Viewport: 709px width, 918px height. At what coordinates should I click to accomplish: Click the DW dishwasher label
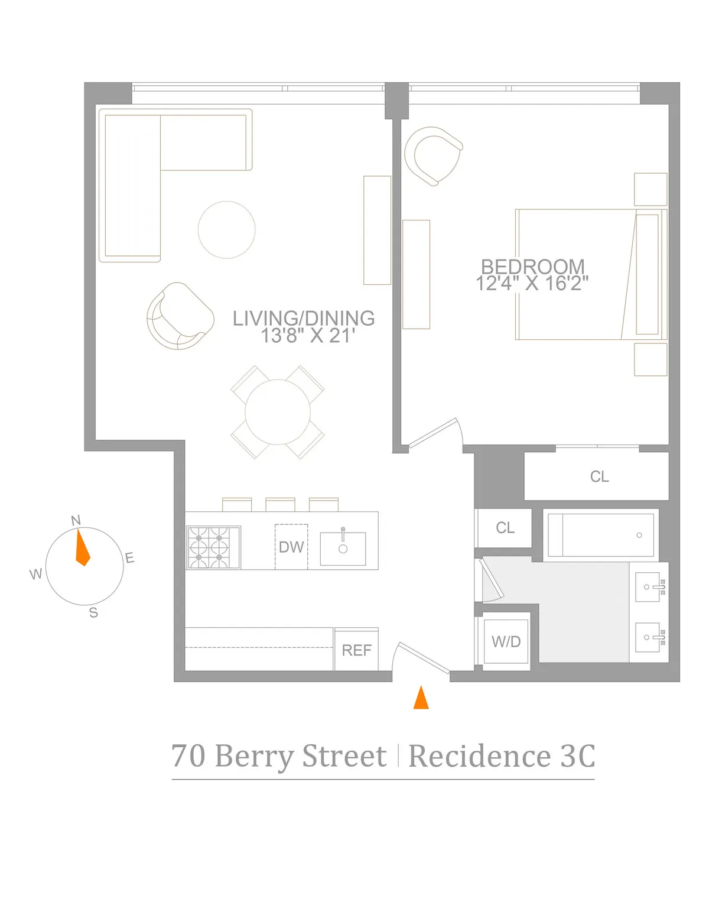pyautogui.click(x=291, y=547)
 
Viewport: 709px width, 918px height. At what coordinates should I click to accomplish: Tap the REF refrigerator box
pyautogui.click(x=356, y=650)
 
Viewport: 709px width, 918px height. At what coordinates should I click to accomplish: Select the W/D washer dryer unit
pyautogui.click(x=506, y=642)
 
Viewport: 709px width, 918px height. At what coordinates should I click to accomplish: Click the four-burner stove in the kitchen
pyautogui.click(x=213, y=547)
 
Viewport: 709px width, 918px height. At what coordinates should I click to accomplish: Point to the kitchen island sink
pyautogui.click(x=343, y=549)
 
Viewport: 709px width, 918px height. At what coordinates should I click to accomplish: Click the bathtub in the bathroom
pyautogui.click(x=601, y=535)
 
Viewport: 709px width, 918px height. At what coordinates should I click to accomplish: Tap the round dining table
pyautogui.click(x=278, y=412)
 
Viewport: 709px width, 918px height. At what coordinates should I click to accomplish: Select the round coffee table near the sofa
pyautogui.click(x=226, y=230)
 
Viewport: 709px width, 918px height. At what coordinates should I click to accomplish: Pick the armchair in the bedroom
pyautogui.click(x=433, y=155)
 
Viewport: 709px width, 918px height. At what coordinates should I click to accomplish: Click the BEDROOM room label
pyautogui.click(x=532, y=267)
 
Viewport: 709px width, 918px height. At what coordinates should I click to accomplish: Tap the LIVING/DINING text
pyautogui.click(x=304, y=319)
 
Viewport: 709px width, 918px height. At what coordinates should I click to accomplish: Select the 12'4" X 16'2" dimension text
pyautogui.click(x=532, y=284)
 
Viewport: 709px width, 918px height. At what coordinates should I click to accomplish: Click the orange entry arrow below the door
pyautogui.click(x=421, y=698)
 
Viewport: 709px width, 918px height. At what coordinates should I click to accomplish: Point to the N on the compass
pyautogui.click(x=76, y=521)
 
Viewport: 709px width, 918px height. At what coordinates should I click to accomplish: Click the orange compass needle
pyautogui.click(x=82, y=549)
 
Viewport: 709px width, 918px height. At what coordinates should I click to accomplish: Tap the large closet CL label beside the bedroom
pyautogui.click(x=599, y=476)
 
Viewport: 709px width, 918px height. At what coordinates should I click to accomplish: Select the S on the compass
pyautogui.click(x=93, y=613)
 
